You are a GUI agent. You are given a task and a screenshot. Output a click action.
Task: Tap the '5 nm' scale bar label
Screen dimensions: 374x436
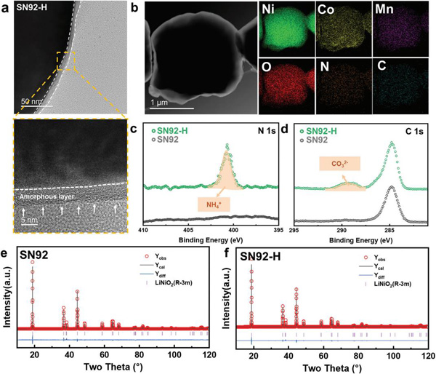[x=29, y=218]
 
